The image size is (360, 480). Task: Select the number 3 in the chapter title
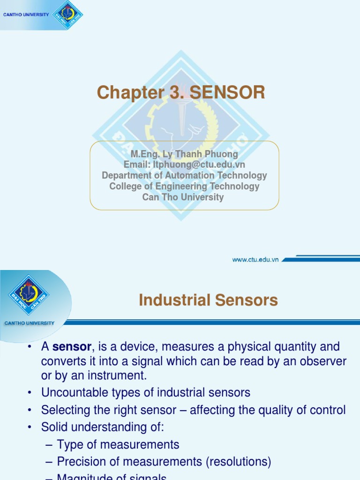point(175,93)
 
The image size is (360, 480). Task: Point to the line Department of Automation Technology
point(184,175)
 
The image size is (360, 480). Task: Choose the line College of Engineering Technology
point(184,186)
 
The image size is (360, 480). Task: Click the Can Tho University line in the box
point(183,197)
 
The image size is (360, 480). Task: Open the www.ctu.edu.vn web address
point(255,259)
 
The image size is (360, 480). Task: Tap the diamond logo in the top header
point(67,14)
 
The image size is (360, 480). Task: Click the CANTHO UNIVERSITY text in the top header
point(26,15)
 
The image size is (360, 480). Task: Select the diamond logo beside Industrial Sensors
point(29,294)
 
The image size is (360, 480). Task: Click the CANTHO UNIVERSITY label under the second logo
point(29,323)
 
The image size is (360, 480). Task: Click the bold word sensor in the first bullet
point(72,347)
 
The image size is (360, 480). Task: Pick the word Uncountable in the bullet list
point(72,392)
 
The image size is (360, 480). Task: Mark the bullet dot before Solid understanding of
point(30,427)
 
